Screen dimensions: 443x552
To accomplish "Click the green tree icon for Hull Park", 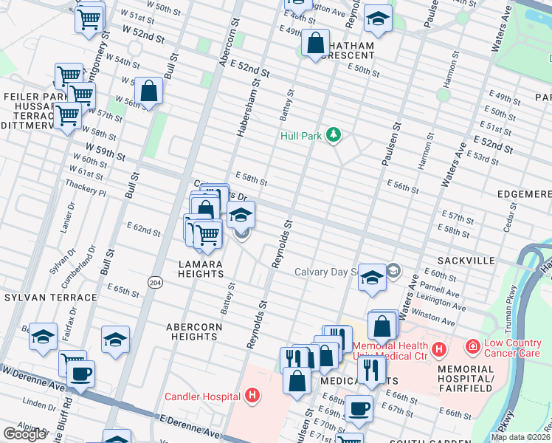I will click(335, 134).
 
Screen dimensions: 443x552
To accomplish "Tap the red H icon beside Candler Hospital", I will click(252, 396).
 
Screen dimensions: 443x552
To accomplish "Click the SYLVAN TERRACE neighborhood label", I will click(50, 298).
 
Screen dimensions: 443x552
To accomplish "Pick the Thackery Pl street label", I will click(86, 192).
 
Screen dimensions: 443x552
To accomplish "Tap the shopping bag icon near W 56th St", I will click(149, 92).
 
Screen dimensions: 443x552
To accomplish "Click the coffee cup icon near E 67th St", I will click(359, 408).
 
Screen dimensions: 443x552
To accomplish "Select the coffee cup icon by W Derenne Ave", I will click(81, 374).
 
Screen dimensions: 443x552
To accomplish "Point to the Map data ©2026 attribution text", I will click(520, 437).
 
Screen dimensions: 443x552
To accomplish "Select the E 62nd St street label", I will click(144, 231).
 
